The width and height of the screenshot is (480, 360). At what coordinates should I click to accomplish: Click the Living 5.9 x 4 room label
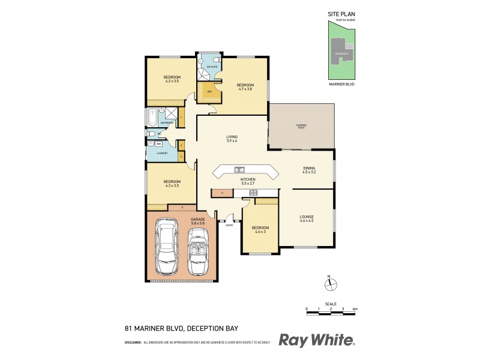(x=232, y=139)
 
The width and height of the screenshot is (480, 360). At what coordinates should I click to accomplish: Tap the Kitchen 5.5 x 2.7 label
(x=248, y=181)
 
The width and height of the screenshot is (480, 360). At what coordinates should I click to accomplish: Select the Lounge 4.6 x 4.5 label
(x=307, y=218)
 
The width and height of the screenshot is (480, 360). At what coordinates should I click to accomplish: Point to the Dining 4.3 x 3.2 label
(x=309, y=170)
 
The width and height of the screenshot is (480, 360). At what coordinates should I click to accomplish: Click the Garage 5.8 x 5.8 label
(x=198, y=221)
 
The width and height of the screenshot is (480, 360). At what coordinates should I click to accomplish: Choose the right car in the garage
(x=198, y=251)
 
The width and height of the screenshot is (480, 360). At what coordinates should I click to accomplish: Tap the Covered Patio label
(x=301, y=126)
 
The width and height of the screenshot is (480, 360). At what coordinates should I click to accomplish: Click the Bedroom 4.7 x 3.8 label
(x=245, y=86)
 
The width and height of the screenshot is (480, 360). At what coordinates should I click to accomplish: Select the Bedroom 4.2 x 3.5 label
(x=172, y=79)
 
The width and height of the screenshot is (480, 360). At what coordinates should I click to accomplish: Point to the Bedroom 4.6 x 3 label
(x=260, y=230)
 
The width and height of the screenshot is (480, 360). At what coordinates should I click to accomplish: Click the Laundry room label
(x=162, y=154)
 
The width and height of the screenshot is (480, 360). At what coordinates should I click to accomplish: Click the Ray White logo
(x=317, y=340)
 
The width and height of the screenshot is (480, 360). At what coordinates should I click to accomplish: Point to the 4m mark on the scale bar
(x=355, y=308)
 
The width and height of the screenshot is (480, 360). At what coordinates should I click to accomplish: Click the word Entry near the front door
(x=229, y=225)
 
